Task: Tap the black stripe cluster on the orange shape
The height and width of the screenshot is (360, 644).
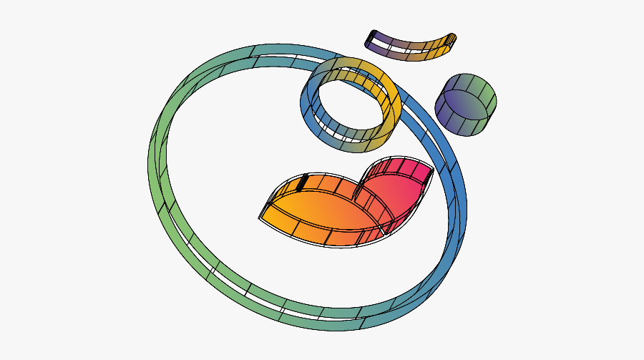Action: pos(303,182)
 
